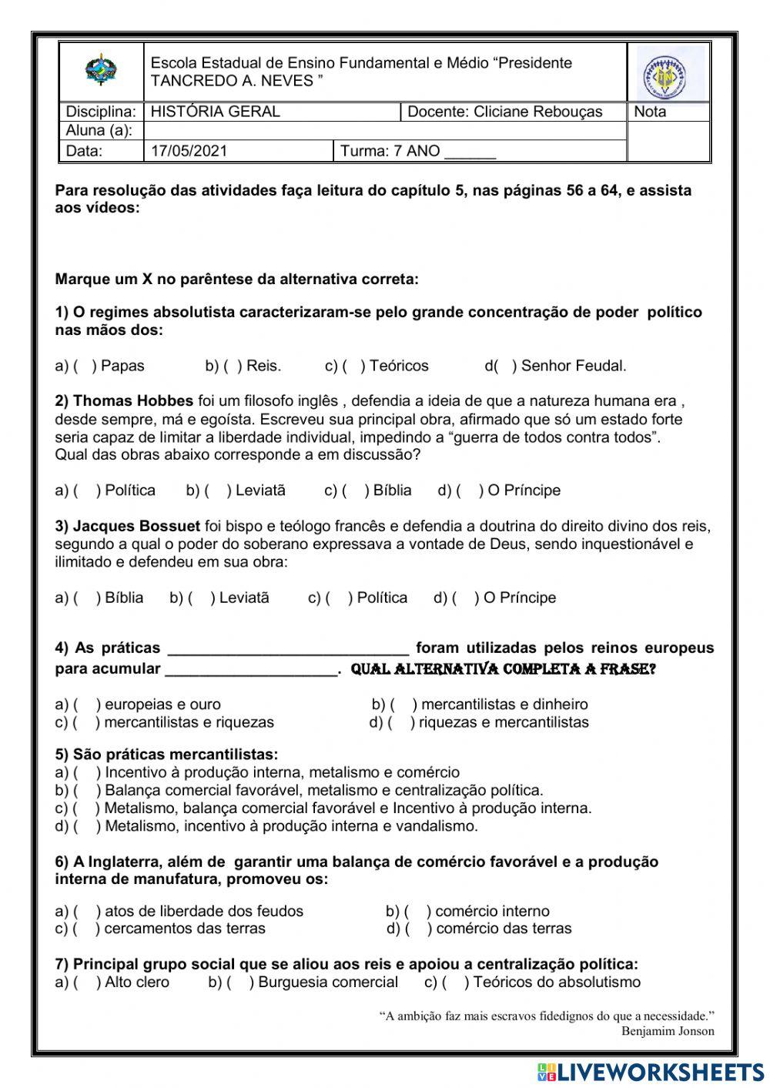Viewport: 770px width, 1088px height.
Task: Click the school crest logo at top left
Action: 101,71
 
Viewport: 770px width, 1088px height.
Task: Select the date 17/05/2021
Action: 189,151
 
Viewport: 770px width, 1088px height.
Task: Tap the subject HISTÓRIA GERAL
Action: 215,112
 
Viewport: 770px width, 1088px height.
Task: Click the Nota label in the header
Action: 650,112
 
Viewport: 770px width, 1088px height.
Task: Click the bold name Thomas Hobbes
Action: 132,401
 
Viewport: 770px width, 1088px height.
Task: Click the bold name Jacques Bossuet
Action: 136,527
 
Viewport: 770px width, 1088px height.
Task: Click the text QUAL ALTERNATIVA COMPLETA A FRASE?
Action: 503,669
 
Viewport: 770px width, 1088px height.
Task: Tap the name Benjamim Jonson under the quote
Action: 668,1031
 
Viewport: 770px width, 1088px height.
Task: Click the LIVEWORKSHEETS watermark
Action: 651,1072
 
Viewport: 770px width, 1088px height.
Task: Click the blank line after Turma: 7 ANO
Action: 470,152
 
